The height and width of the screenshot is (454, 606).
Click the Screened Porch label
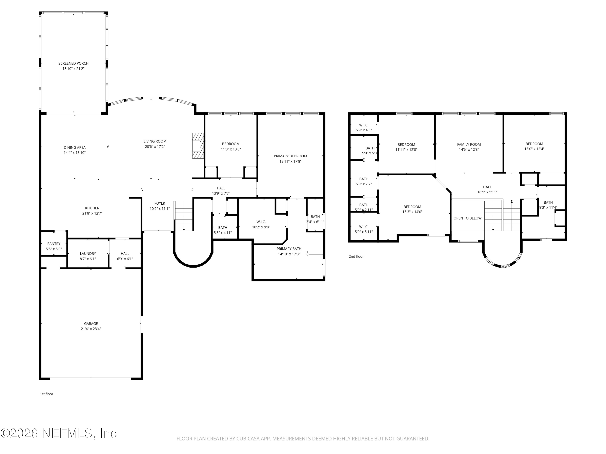point(73,63)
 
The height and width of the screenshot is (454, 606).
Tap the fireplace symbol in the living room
point(198,146)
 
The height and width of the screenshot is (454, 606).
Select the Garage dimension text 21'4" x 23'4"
point(91,329)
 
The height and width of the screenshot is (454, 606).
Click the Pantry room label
point(54,244)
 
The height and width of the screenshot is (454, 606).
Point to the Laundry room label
point(88,253)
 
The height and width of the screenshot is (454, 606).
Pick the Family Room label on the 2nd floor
point(469,144)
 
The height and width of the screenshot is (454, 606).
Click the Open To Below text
point(467,218)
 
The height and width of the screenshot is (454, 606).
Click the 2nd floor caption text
point(356,256)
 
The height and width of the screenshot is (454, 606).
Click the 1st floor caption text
point(47,394)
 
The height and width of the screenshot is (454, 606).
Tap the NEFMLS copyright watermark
point(58,433)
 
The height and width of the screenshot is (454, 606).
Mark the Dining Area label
point(75,147)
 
